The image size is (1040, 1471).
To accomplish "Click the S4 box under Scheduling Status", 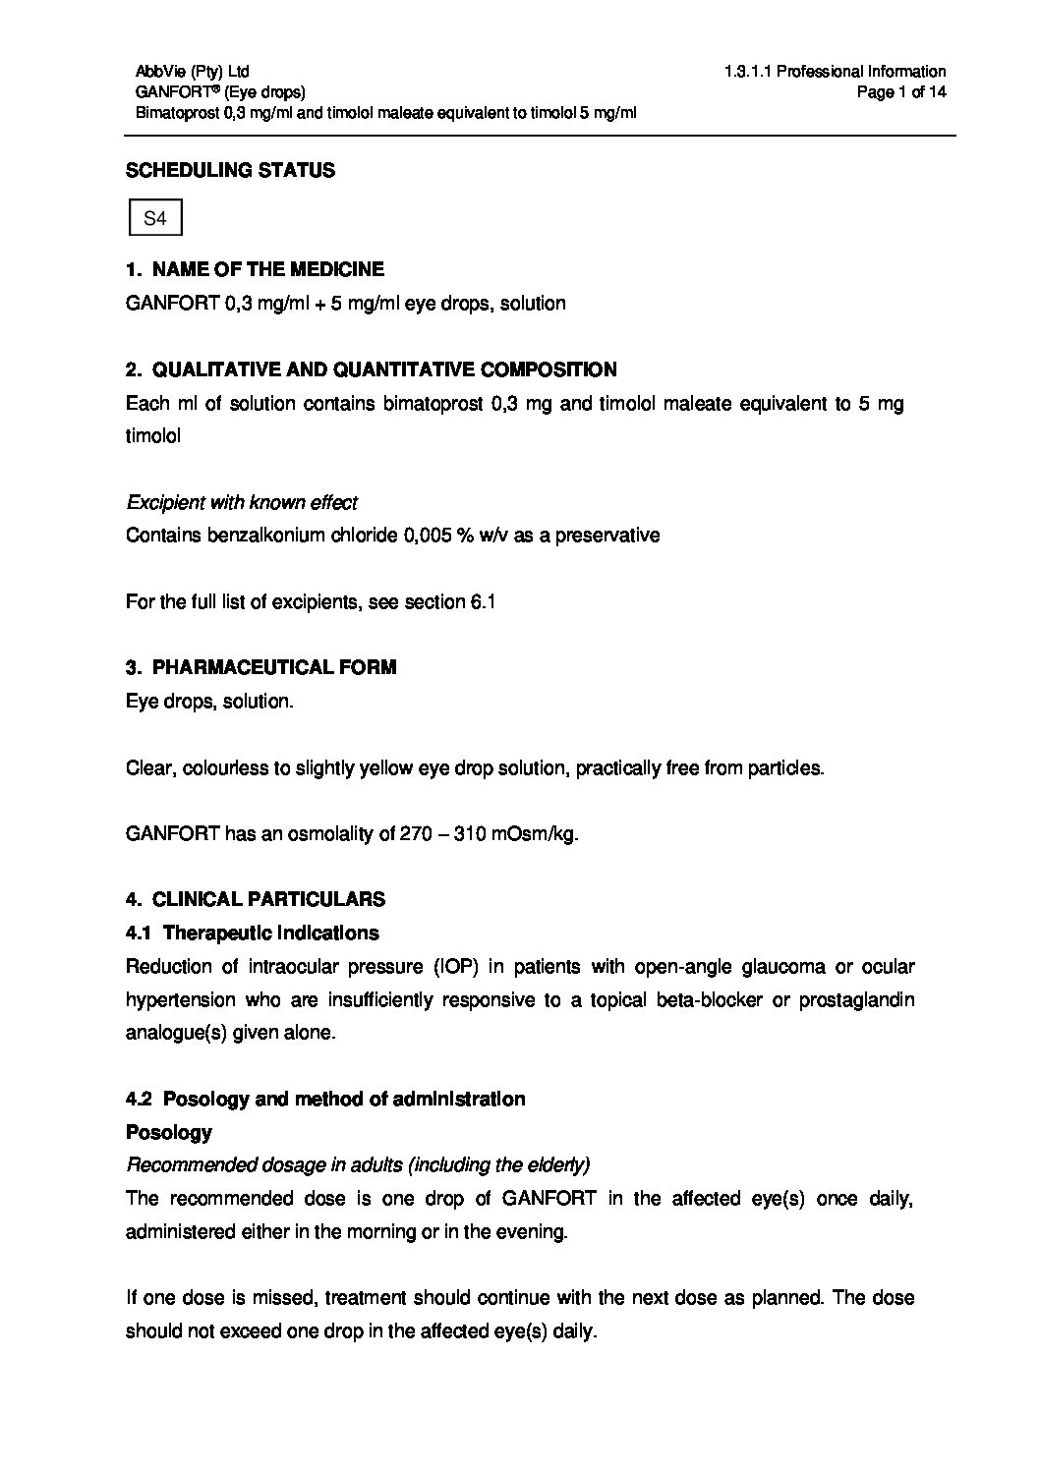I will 155,219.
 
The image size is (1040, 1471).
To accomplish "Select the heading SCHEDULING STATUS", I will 230,170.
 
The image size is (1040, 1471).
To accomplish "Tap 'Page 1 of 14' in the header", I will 901,92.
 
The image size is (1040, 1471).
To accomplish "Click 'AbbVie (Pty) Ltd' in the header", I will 193,71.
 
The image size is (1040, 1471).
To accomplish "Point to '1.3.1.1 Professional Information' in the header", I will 835,71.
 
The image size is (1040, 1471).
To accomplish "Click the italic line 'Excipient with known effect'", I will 242,502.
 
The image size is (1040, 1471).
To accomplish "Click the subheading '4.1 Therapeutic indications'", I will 253,932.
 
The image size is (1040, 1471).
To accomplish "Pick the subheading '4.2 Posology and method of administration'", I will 325,1099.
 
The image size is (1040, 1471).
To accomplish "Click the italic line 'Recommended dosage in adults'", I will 358,1165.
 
